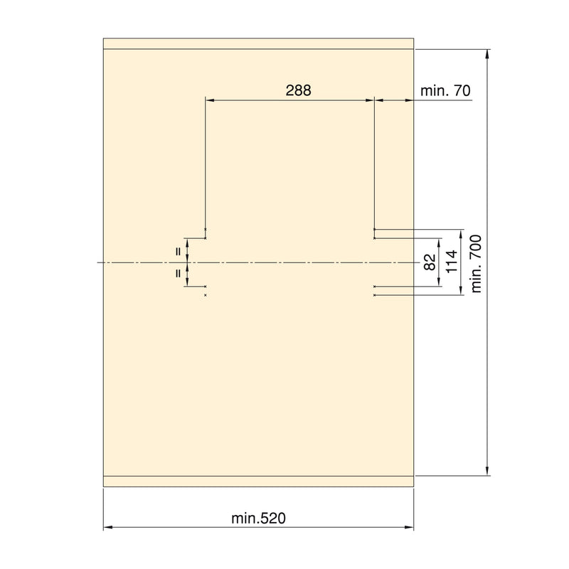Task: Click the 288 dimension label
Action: (298, 90)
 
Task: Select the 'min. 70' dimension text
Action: (445, 91)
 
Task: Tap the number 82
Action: (430, 262)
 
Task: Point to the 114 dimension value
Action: (452, 262)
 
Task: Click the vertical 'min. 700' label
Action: (476, 263)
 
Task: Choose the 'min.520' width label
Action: (258, 519)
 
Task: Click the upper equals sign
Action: (179, 251)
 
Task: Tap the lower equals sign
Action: (179, 273)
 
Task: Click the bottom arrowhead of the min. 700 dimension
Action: (487, 471)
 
